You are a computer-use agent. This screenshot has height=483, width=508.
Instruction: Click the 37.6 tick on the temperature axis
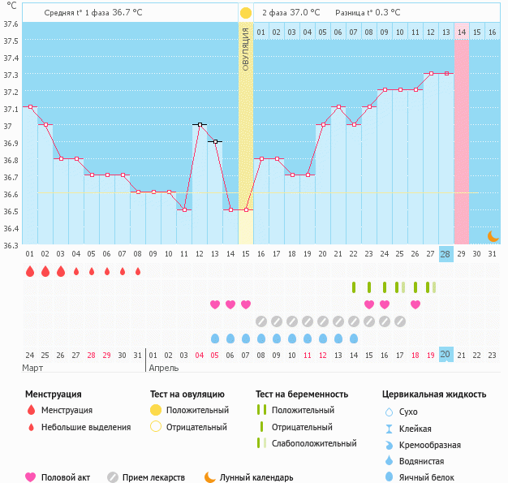(x=11, y=24)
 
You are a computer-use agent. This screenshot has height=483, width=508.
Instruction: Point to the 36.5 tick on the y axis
(x=11, y=211)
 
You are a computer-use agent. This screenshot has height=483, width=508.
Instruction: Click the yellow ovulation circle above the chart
(x=246, y=13)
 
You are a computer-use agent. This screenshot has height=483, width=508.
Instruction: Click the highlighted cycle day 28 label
(x=446, y=253)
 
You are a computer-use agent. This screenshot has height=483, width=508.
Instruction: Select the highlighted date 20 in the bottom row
(x=446, y=354)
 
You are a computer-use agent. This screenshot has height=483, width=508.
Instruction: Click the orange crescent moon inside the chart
(x=493, y=235)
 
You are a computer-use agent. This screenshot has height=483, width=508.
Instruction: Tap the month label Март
(x=33, y=368)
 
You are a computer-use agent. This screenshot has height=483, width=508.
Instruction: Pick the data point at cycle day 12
(x=200, y=124)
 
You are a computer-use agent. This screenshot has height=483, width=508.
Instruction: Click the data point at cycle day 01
(x=30, y=107)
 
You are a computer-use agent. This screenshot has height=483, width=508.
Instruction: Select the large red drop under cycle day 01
(x=30, y=271)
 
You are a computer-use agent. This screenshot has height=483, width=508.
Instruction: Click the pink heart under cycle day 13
(x=215, y=304)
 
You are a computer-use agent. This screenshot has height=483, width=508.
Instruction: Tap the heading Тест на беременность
(x=305, y=395)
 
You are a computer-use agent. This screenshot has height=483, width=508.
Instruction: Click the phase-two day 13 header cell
(x=446, y=32)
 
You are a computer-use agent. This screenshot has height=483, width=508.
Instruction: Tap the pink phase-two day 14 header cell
(x=461, y=32)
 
